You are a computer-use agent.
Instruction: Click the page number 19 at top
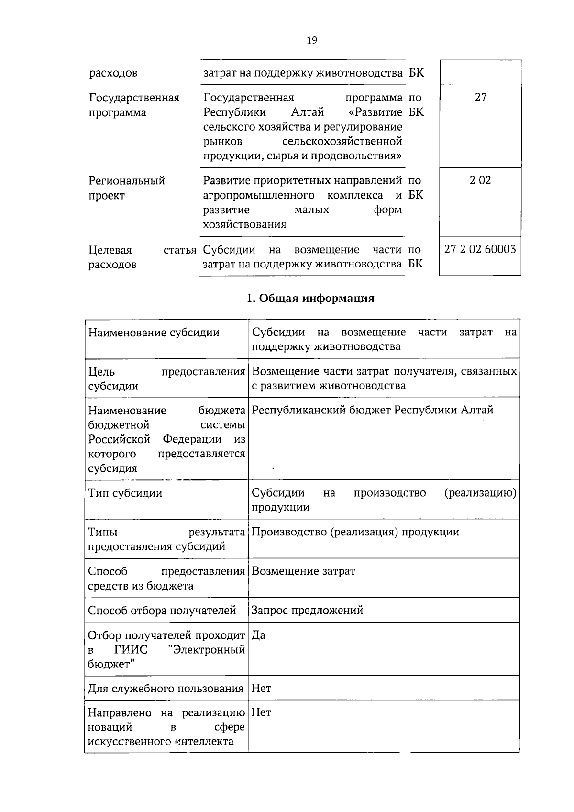click(x=311, y=40)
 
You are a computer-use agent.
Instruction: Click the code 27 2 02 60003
click(x=480, y=249)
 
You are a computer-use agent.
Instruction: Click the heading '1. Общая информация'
click(x=310, y=299)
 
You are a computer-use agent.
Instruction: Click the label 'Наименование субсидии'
click(x=154, y=333)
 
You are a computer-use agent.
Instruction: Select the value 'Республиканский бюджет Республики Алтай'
click(x=372, y=410)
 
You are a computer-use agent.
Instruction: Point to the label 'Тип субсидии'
click(x=125, y=493)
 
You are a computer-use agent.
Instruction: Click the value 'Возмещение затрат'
click(x=303, y=571)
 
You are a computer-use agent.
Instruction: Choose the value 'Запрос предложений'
click(x=307, y=611)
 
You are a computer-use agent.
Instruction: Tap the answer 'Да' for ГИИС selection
click(x=258, y=635)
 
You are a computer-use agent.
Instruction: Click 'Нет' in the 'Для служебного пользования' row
click(x=261, y=689)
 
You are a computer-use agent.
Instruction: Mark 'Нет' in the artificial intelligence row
click(x=261, y=713)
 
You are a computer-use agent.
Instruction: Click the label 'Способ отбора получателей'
click(x=162, y=611)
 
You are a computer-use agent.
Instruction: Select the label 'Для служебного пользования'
click(x=166, y=689)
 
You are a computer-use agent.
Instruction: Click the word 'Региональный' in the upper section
click(x=127, y=181)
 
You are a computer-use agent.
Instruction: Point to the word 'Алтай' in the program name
click(x=307, y=112)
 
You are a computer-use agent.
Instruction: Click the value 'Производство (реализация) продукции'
click(x=355, y=532)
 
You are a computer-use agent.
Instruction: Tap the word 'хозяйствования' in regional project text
click(x=244, y=225)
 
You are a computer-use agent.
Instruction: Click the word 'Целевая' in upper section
click(x=110, y=250)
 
